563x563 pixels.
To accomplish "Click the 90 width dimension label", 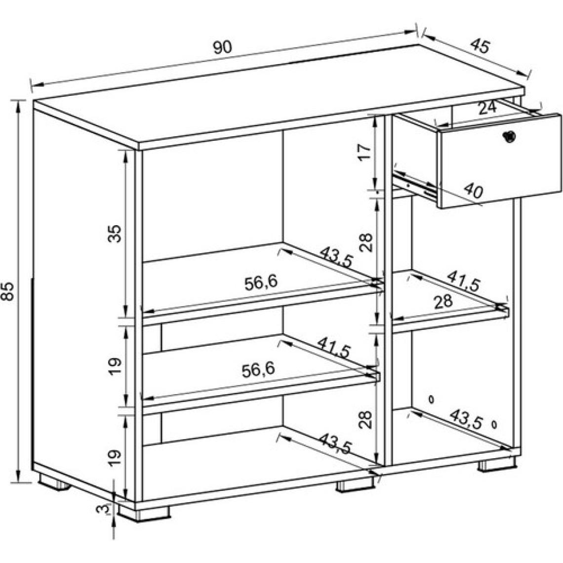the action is pyautogui.click(x=223, y=47).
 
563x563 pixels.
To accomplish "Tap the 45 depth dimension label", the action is pyautogui.click(x=480, y=45).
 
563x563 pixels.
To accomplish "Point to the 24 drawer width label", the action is pyautogui.click(x=487, y=108).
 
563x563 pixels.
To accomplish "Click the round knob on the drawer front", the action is pyautogui.click(x=509, y=136).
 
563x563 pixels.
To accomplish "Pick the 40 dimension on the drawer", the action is pyautogui.click(x=473, y=190).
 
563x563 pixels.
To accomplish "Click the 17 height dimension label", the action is pyautogui.click(x=363, y=152).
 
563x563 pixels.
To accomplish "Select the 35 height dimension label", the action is pyautogui.click(x=115, y=234).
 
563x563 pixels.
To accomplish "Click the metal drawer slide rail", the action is pyautogui.click(x=414, y=183).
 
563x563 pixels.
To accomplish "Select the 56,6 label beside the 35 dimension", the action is pyautogui.click(x=261, y=283).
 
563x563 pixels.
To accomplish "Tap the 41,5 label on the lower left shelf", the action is pyautogui.click(x=333, y=347).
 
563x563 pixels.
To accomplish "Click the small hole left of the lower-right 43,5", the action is pyautogui.click(x=431, y=399).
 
